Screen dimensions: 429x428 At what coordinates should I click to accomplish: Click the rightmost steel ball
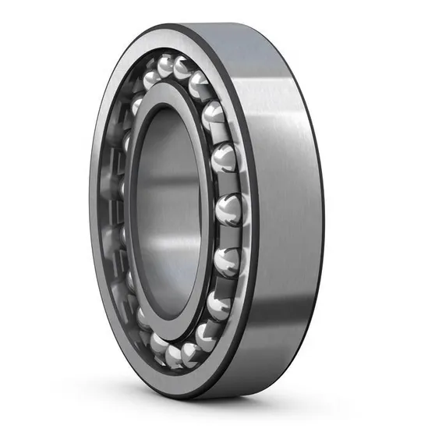(x=229, y=211)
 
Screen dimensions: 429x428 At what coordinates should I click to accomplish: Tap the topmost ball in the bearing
(x=166, y=66)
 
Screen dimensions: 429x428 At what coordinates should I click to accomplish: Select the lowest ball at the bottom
(x=173, y=356)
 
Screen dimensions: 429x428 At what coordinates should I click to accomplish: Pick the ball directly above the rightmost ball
(x=225, y=159)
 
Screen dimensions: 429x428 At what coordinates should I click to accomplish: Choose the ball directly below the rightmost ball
(x=227, y=261)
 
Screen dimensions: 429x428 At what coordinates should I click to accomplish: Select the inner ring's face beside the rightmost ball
(x=204, y=211)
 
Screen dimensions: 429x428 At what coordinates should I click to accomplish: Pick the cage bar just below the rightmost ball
(x=228, y=237)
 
